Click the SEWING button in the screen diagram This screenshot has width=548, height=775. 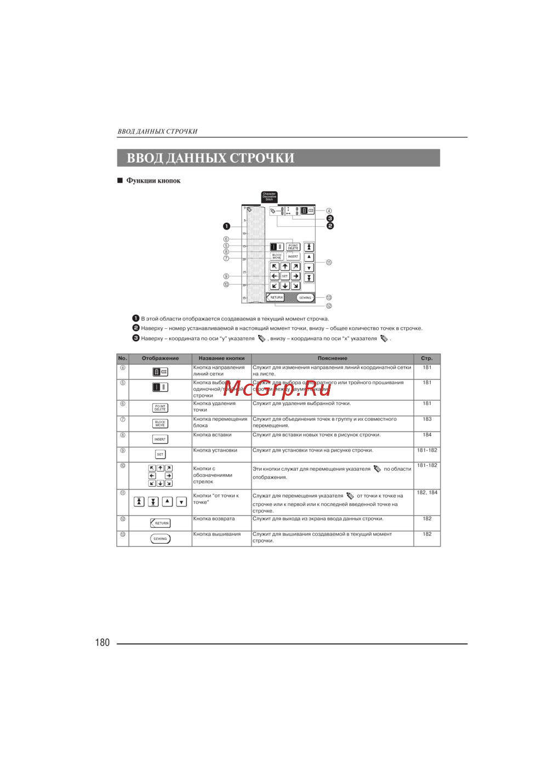pos(305,298)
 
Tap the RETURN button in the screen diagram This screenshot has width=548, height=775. pos(276,298)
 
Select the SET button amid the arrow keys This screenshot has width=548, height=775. pos(285,276)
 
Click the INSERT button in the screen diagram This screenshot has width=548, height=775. pos(293,257)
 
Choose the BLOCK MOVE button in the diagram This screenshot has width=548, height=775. pos(277,257)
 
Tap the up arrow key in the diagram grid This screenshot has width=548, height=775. pos(285,267)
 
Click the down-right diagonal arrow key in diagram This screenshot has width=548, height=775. pos(295,286)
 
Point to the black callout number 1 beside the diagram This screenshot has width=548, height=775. pos(226,226)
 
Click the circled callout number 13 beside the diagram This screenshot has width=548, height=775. pos(329,298)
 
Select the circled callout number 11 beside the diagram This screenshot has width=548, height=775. pos(329,263)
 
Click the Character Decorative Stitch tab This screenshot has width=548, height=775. pos(269,197)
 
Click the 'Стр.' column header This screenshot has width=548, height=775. pos(426,358)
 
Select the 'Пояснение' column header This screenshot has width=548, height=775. pos(332,358)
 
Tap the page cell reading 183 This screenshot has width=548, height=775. pos(427,419)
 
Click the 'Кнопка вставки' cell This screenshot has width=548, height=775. pos(213,435)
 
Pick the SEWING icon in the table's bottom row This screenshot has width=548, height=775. pos(160,539)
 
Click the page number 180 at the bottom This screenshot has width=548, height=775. pos(102,642)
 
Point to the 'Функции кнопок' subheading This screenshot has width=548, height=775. pos(153,181)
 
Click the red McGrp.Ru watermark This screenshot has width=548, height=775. pos(277,388)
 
